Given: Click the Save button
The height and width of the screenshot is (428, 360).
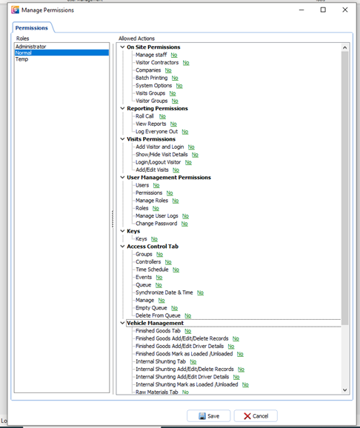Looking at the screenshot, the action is click(x=209, y=415).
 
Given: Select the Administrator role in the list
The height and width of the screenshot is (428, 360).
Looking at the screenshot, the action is click(x=30, y=47).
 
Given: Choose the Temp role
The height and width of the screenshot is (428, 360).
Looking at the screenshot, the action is click(x=21, y=59).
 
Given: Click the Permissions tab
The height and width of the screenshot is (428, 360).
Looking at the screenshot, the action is click(x=32, y=28).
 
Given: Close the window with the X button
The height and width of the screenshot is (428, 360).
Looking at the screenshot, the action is click(x=345, y=10).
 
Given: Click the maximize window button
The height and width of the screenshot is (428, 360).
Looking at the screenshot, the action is click(x=323, y=10).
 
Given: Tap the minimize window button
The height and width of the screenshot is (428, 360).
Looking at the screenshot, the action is click(x=301, y=10).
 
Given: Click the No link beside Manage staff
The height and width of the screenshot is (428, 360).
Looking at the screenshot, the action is click(x=174, y=55).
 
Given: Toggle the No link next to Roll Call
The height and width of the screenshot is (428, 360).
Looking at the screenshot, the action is click(x=162, y=116).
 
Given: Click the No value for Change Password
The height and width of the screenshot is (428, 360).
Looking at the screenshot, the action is click(x=184, y=224).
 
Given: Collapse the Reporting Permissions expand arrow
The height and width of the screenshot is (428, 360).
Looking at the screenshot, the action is click(x=122, y=108).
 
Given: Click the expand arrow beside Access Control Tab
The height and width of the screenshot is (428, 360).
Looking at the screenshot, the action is click(x=122, y=246).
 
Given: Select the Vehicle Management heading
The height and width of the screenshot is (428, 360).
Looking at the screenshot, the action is click(x=155, y=323).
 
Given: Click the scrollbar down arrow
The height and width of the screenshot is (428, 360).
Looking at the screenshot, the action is click(x=344, y=390).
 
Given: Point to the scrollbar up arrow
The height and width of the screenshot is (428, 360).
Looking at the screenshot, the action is click(x=344, y=47).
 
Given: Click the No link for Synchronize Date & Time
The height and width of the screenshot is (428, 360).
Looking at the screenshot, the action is click(x=201, y=292).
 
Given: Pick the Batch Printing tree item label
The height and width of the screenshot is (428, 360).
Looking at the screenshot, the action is click(x=152, y=78).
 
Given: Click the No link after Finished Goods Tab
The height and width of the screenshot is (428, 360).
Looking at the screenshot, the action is click(x=188, y=331).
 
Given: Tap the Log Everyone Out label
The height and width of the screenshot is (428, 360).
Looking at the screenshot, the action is click(x=156, y=132).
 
